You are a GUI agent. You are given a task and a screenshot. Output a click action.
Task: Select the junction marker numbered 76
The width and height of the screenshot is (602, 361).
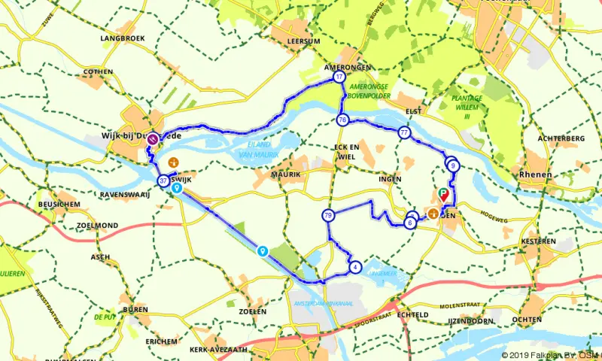click(x=342, y=120)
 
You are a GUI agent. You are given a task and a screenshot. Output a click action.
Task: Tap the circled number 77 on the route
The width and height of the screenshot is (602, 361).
click(x=405, y=133)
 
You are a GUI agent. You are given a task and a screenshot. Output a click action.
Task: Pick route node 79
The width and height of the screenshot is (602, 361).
click(x=327, y=216)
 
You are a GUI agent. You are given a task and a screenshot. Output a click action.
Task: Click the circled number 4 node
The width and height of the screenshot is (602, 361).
click(x=355, y=266)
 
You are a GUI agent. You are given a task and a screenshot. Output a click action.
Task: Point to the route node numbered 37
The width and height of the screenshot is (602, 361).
click(x=163, y=181)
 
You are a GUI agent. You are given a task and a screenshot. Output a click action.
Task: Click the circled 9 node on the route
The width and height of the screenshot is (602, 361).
click(x=452, y=164)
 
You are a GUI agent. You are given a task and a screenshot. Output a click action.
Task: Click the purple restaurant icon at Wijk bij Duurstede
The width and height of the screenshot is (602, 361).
click(x=153, y=138)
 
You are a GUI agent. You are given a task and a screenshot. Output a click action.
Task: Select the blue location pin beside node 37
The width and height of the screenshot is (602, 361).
click(x=177, y=190)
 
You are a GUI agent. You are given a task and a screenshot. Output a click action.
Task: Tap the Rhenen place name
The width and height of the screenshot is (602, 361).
click(x=536, y=174)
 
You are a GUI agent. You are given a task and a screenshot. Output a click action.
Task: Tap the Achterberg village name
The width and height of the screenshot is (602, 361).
click(x=561, y=139)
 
